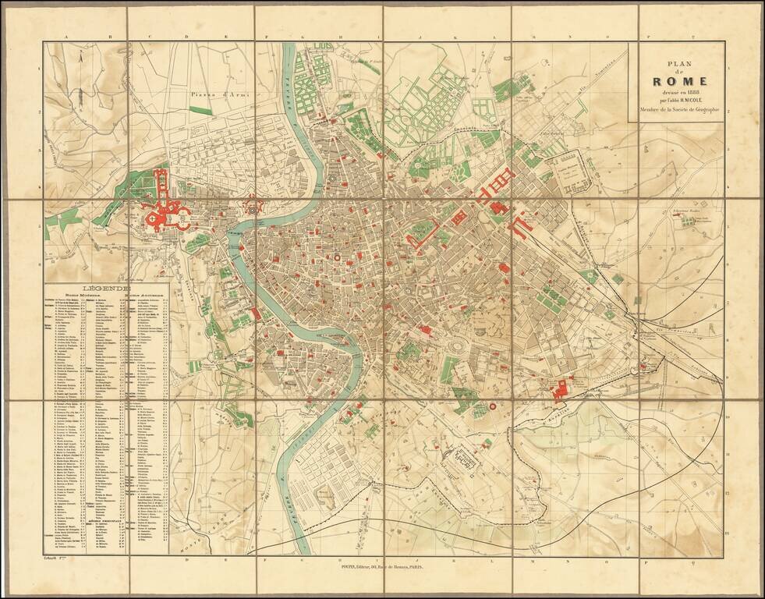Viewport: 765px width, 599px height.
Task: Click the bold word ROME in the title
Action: [x=680, y=80]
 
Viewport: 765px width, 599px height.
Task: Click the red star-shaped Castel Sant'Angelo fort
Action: [x=253, y=207]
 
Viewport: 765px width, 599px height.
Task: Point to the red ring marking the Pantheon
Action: [x=337, y=256]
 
